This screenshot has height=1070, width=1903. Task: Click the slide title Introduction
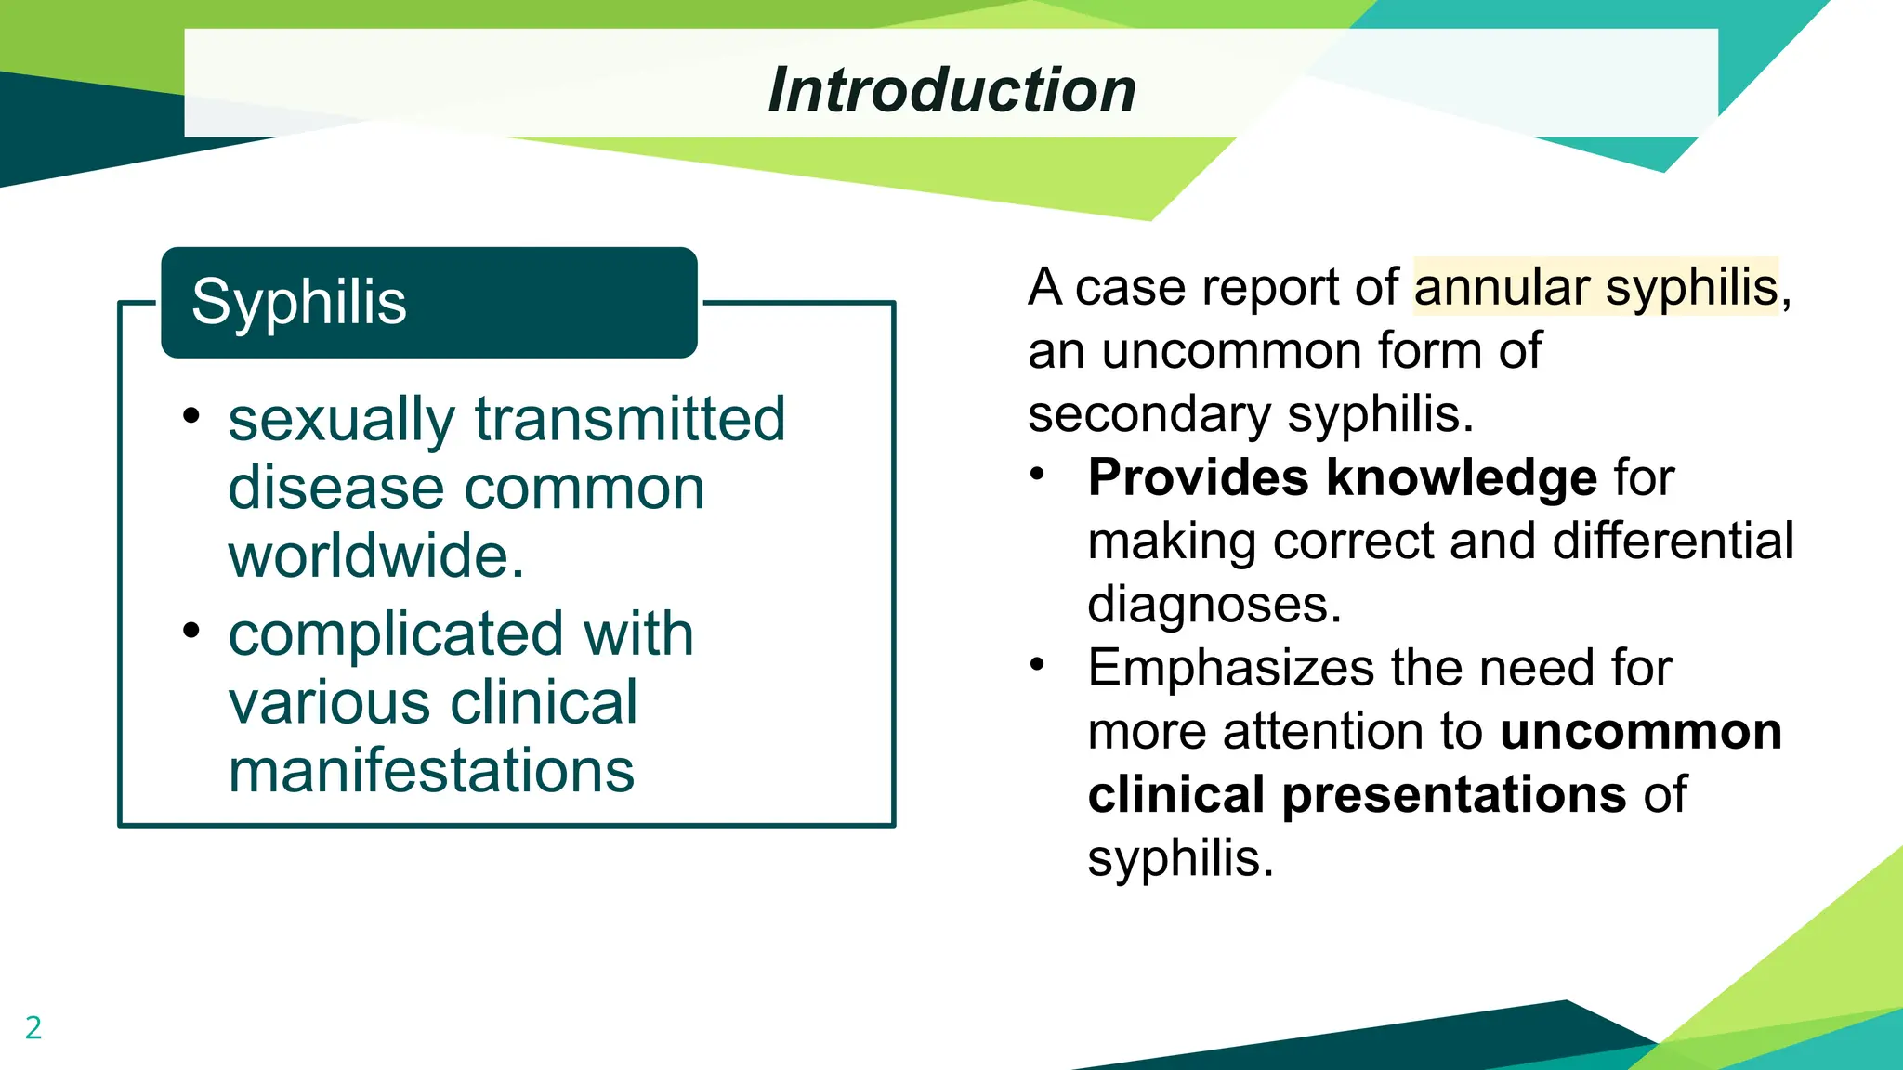tap(951, 90)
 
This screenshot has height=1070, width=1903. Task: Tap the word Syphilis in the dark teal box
tap(299, 303)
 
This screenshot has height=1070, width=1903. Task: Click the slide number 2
tap(33, 1027)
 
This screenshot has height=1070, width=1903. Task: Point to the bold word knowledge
tap(1462, 477)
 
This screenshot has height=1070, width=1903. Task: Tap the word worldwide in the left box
tap(376, 555)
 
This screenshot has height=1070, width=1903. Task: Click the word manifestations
tap(431, 771)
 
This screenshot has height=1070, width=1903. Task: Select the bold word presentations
tap(1454, 795)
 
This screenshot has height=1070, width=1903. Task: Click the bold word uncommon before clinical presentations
tap(1641, 731)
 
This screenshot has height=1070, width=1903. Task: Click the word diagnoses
tap(1214, 605)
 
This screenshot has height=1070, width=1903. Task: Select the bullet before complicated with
tap(191, 631)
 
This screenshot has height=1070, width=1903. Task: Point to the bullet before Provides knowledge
tap(1038, 474)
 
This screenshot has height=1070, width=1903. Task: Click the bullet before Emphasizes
tap(1038, 664)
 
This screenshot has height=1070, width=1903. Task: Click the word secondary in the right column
tap(1148, 414)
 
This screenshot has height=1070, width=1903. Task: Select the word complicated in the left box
tap(394, 634)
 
